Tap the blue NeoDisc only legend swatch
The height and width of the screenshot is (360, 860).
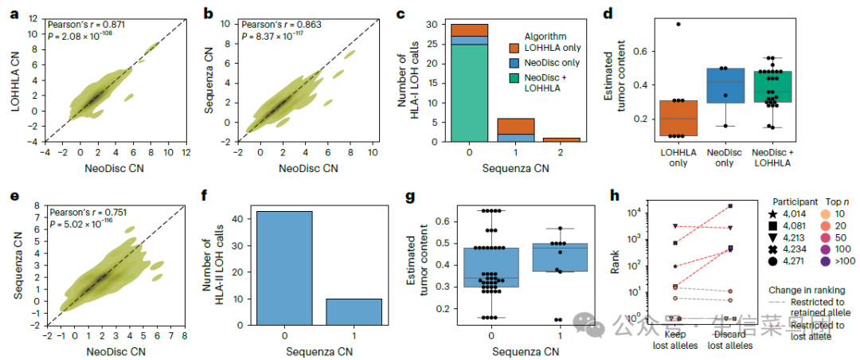tap(514, 63)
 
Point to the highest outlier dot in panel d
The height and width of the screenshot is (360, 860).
tap(678, 24)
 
